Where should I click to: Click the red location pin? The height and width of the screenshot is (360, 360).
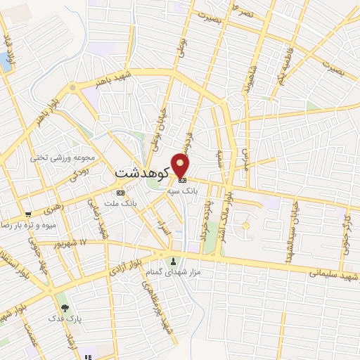click(x=181, y=166)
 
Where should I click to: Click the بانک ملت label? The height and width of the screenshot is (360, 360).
click(x=120, y=202)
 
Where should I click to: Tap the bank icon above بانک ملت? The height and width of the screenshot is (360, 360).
click(x=120, y=192)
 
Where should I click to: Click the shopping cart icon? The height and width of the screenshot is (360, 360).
click(x=27, y=214)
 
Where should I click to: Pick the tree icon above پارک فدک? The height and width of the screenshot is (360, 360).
click(x=65, y=308)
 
